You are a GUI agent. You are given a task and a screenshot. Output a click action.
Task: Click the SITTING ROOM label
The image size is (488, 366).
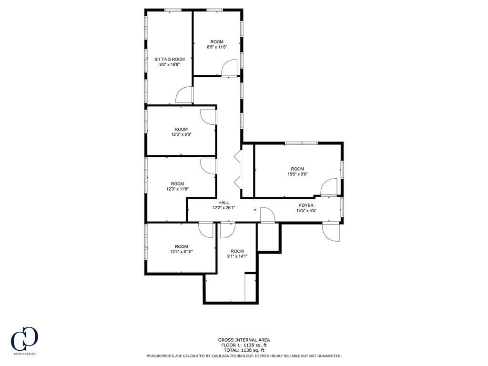(x=170, y=59)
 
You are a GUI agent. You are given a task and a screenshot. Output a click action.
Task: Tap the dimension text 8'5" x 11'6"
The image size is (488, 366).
(x=217, y=47)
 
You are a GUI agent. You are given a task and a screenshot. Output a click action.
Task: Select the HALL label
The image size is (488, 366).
(x=224, y=203)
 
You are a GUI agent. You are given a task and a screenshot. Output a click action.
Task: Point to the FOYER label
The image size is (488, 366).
(x=306, y=205)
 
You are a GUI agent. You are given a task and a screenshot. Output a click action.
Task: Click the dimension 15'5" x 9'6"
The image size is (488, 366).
(x=297, y=174)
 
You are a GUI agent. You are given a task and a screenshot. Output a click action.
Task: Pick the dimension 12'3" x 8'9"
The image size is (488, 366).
(x=181, y=134)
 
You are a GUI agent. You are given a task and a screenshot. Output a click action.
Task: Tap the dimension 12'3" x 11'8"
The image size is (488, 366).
(x=177, y=189)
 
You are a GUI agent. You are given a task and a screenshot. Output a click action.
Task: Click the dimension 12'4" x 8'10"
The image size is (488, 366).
(x=182, y=252)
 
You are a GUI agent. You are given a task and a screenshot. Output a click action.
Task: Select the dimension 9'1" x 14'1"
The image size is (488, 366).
(x=237, y=256)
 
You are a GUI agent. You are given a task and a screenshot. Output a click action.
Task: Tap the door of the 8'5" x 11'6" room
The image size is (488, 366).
(x=229, y=68)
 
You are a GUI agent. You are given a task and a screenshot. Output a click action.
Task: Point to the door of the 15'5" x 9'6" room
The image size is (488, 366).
(x=329, y=187)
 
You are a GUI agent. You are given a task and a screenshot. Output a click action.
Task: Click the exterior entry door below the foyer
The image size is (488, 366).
(x=331, y=232)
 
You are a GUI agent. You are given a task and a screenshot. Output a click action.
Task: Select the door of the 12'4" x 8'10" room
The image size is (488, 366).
(x=206, y=230)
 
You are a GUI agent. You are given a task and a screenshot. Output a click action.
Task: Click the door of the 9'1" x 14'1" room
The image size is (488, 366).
(x=228, y=230)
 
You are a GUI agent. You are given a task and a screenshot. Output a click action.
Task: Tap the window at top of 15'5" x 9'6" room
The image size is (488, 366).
(x=301, y=143)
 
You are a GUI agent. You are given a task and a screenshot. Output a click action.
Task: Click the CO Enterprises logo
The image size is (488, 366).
(x=24, y=341)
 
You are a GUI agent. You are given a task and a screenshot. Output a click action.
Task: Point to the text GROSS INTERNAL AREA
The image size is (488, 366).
(x=244, y=340)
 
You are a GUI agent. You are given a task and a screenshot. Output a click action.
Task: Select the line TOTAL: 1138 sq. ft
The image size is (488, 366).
(x=244, y=350)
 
